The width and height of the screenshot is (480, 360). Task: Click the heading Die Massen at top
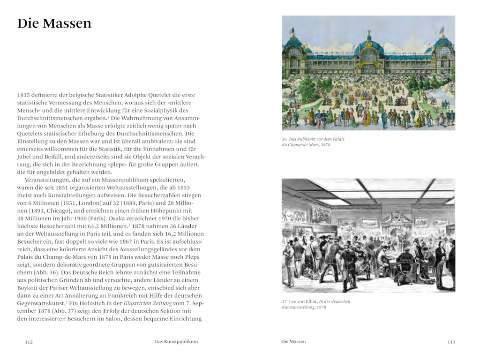(x=54, y=23)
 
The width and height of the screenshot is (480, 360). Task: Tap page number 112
(x=29, y=342)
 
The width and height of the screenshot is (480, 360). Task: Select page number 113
(x=451, y=342)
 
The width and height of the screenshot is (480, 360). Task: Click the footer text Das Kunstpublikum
(x=176, y=342)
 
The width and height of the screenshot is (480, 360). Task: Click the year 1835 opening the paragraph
(x=24, y=94)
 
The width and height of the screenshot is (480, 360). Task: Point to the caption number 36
(x=284, y=139)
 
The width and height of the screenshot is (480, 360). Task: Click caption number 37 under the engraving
(x=284, y=301)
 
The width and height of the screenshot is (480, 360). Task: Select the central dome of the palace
(x=368, y=45)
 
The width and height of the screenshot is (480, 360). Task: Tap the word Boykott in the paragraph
(x=29, y=288)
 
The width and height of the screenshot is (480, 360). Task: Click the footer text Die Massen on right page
(x=293, y=342)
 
